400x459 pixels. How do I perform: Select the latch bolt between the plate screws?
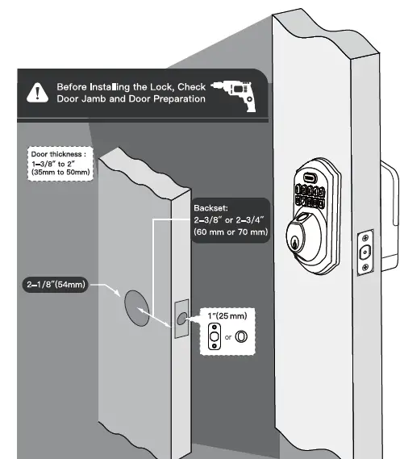365,253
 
